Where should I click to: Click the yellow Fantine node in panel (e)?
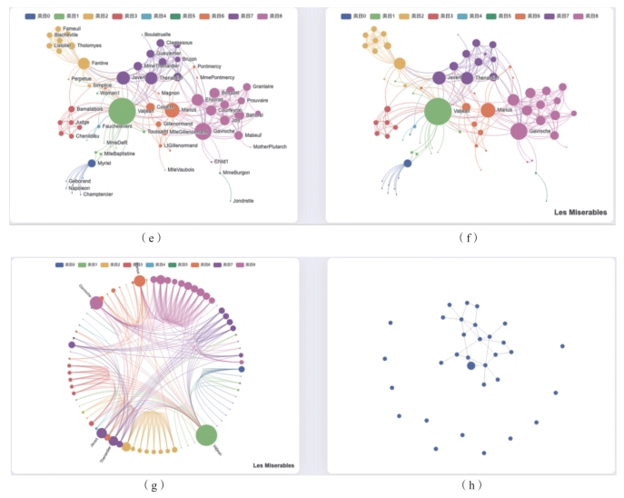click(84, 64)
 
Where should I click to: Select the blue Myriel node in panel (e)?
click(92, 164)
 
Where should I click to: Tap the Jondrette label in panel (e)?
click(243, 200)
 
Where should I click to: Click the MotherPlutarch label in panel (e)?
click(269, 146)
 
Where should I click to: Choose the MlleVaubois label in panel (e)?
click(181, 170)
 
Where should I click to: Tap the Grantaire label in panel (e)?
click(262, 86)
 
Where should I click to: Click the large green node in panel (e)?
click(122, 112)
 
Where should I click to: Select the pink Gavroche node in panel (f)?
click(519, 131)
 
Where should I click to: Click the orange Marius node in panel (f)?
click(488, 110)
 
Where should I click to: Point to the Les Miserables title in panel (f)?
click(581, 213)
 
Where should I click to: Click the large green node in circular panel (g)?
click(206, 435)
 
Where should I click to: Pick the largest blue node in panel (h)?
click(470, 365)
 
